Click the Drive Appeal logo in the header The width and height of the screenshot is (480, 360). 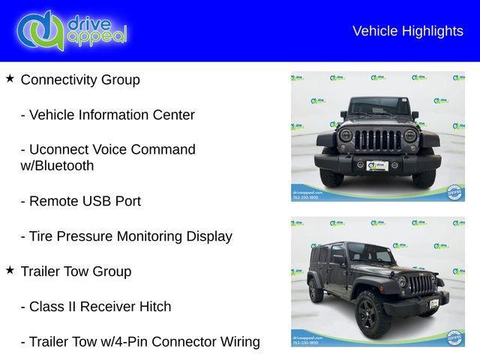71,30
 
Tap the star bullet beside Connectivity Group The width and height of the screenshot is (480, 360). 10,78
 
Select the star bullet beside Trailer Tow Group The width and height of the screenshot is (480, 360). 10,270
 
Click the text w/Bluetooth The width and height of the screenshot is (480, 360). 57,166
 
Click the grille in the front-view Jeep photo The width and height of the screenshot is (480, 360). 377,140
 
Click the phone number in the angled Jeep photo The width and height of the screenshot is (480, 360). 304,342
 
